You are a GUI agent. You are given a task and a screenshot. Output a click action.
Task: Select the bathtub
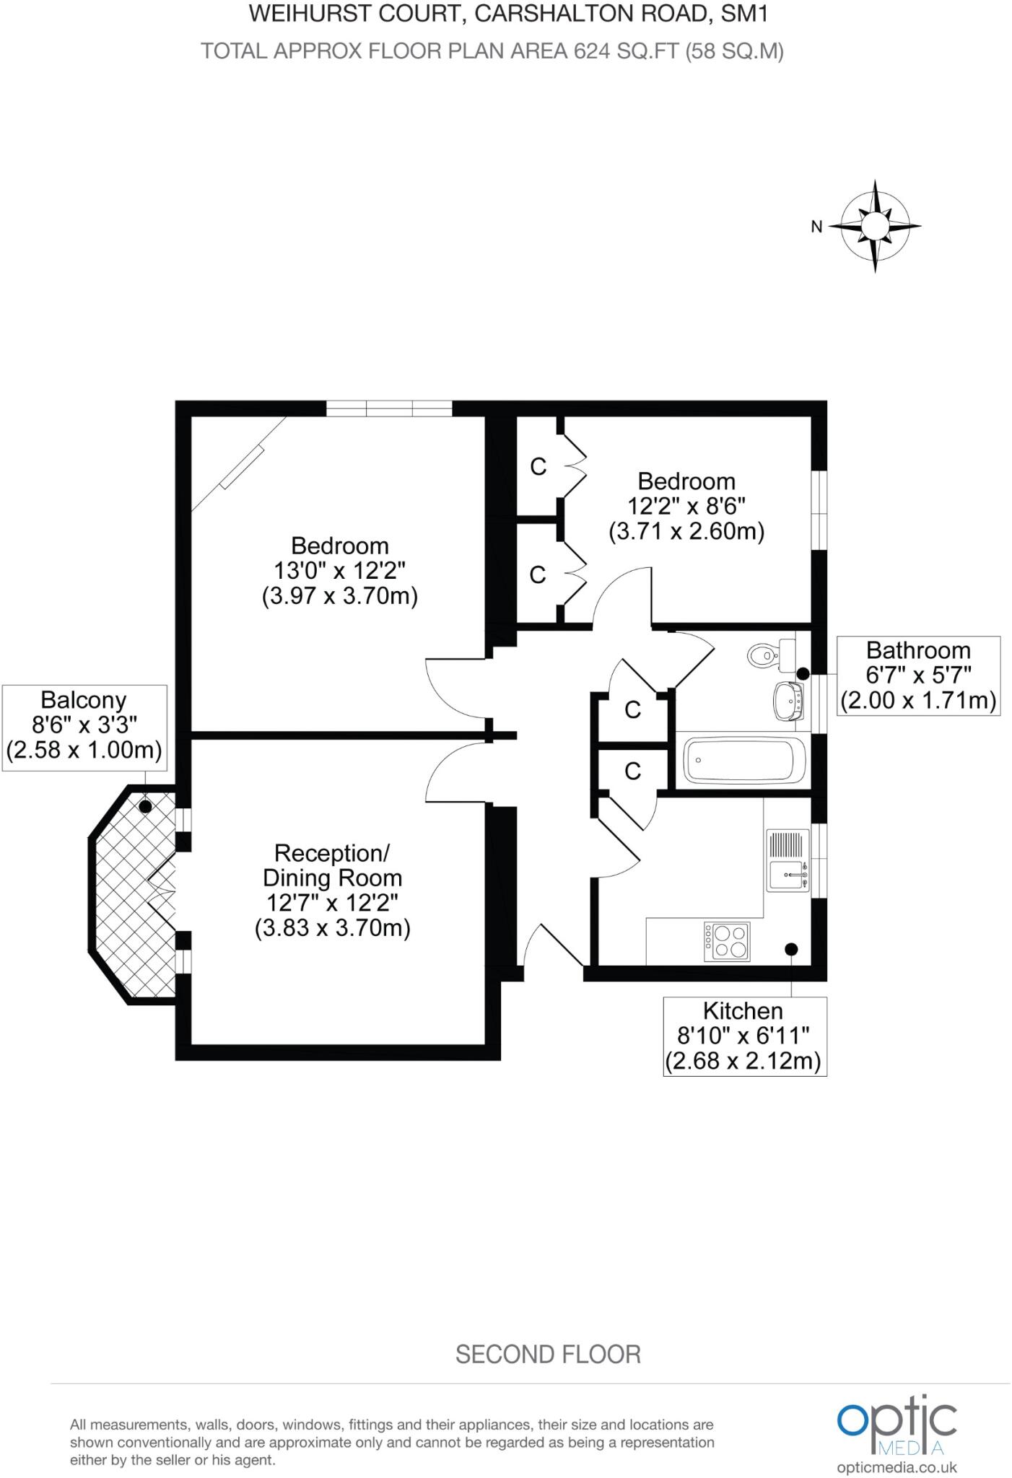(744, 760)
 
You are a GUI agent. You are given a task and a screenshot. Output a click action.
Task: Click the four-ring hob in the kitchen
(727, 941)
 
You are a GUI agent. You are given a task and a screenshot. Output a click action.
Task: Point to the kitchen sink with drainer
(788, 860)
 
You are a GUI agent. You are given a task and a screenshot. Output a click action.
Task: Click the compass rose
(875, 227)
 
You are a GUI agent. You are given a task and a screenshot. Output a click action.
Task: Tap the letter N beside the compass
(816, 227)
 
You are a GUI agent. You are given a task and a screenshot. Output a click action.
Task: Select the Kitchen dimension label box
(744, 1036)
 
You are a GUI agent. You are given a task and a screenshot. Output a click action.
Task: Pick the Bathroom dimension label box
(918, 675)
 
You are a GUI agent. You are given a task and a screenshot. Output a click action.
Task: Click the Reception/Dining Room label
(333, 890)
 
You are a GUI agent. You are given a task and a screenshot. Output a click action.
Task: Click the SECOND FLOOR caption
(548, 1354)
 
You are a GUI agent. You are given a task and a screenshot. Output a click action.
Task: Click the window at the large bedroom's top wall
(389, 409)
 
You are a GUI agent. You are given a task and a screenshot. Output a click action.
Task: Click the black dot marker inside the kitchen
(792, 948)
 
